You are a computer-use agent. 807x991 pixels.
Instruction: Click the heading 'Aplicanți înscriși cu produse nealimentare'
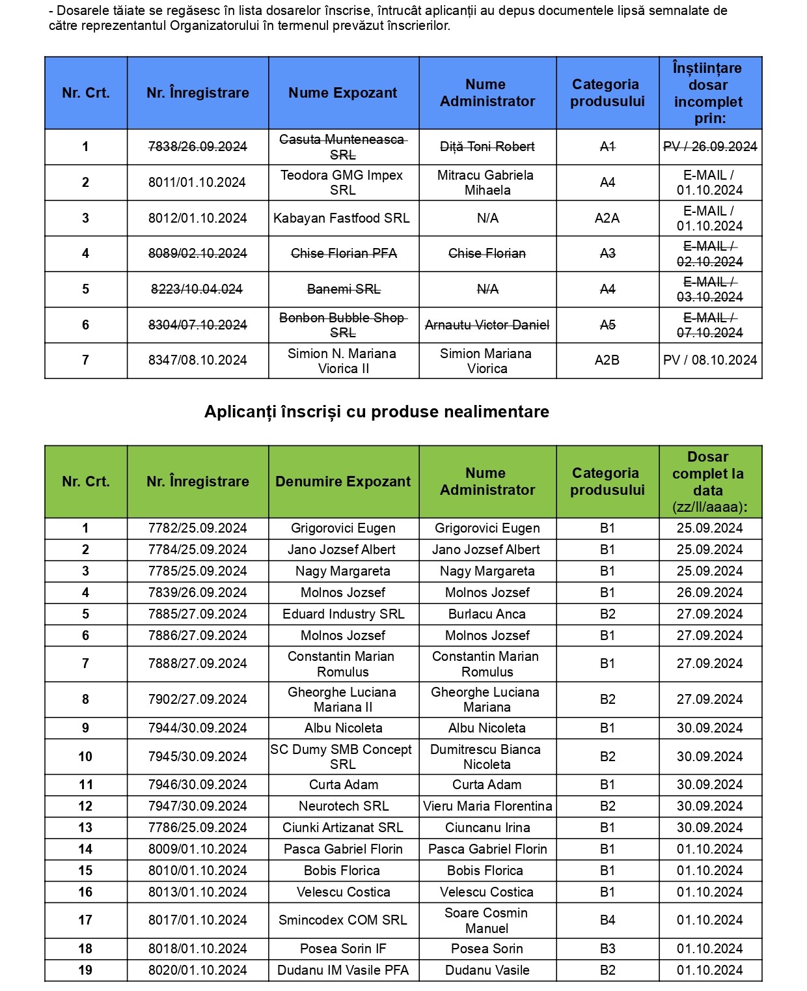pyautogui.click(x=376, y=412)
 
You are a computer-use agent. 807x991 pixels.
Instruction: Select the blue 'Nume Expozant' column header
pyautogui.click(x=343, y=93)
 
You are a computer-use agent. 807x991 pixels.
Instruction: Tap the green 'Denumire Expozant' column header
pyautogui.click(x=343, y=482)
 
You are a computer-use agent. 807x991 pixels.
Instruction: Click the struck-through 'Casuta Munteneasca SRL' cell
pyautogui.click(x=343, y=147)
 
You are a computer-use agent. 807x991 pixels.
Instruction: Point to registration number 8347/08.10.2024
pyautogui.click(x=197, y=360)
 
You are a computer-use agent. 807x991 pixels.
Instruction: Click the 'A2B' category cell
pyautogui.click(x=607, y=360)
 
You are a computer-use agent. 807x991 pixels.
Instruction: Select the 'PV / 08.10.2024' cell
pyautogui.click(x=710, y=360)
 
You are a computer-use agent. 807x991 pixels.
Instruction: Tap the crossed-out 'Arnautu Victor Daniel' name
pyautogui.click(x=487, y=325)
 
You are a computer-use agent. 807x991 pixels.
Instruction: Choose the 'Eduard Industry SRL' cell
pyautogui.click(x=343, y=614)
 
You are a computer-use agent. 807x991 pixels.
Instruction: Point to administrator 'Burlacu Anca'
pyautogui.click(x=487, y=614)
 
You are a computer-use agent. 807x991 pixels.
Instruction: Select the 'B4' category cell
pyautogui.click(x=607, y=920)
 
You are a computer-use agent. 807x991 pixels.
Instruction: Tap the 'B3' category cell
pyautogui.click(x=607, y=949)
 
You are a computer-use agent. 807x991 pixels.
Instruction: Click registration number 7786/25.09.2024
pyautogui.click(x=197, y=828)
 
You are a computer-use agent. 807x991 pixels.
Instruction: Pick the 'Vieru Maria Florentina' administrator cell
pyautogui.click(x=487, y=806)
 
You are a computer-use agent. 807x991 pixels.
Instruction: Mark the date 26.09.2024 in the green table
pyautogui.click(x=709, y=593)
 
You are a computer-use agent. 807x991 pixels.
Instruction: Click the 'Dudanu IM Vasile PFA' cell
pyautogui.click(x=343, y=970)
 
